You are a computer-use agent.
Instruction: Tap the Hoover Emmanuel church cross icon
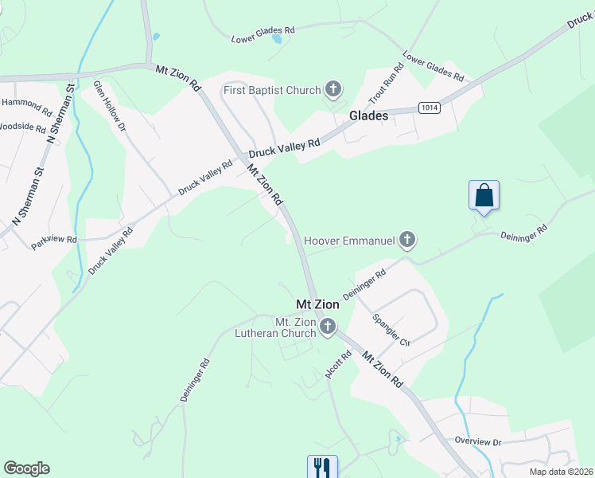pyautogui.click(x=407, y=239)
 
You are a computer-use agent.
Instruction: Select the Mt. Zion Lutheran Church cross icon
pyautogui.click(x=327, y=326)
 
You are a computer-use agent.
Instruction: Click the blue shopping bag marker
pyautogui.click(x=484, y=196)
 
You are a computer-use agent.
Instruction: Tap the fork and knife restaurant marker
pyautogui.click(x=322, y=467)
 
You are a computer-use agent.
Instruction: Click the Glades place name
pyautogui.click(x=369, y=116)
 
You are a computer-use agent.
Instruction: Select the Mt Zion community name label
pyautogui.click(x=317, y=304)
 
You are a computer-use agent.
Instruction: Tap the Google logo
pyautogui.click(x=26, y=468)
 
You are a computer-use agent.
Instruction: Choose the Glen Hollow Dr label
pyautogui.click(x=110, y=105)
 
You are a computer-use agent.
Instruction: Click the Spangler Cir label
pyautogui.click(x=391, y=331)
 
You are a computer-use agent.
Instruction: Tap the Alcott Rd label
pyautogui.click(x=337, y=366)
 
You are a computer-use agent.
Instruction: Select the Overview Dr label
pyautogui.click(x=478, y=441)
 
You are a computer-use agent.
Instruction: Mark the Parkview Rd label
pyautogui.click(x=54, y=240)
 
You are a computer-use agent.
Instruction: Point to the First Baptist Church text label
pyautogui.click(x=272, y=90)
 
